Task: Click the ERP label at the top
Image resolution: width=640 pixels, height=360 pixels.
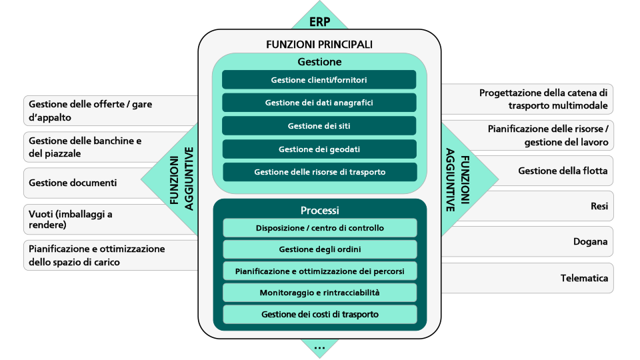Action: coord(319,21)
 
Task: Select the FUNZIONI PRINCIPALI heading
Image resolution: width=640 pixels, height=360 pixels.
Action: coord(319,45)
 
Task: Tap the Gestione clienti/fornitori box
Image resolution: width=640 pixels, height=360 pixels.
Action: coord(319,80)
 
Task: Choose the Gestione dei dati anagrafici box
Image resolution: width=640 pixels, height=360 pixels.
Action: coord(319,103)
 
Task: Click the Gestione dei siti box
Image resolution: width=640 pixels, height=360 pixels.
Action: coord(319,126)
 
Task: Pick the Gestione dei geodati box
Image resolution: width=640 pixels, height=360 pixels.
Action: coord(319,149)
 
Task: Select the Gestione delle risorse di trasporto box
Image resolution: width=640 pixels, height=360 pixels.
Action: coord(319,172)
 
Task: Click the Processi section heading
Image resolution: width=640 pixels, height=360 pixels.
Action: coord(319,210)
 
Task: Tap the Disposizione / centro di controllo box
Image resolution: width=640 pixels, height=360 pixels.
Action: coord(319,228)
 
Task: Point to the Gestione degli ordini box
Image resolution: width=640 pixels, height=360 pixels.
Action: coord(319,249)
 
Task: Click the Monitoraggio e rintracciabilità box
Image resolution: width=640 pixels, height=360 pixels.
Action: coord(319,293)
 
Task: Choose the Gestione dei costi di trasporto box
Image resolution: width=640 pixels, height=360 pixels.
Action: coord(319,314)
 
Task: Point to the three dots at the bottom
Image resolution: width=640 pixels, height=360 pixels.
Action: coord(319,346)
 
